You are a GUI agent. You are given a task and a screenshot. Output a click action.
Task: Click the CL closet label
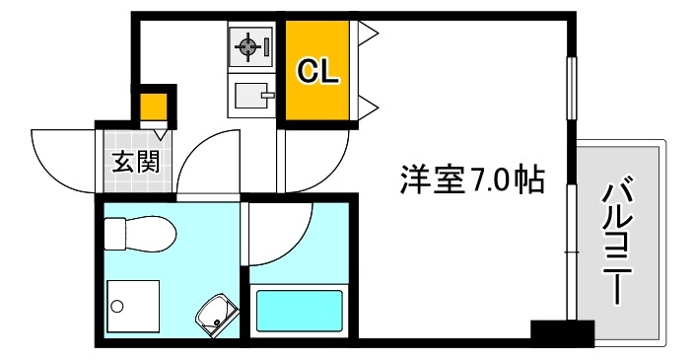(318, 71)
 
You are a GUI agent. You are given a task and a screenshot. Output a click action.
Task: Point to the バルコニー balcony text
(618, 239)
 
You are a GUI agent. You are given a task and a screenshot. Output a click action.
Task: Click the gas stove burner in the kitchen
(247, 45)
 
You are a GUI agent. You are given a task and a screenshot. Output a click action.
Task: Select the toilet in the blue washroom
(139, 233)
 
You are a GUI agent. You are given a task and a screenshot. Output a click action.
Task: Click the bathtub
(301, 310)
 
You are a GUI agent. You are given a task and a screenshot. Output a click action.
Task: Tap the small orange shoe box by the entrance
(153, 106)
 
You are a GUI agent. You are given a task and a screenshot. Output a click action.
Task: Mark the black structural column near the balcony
(561, 332)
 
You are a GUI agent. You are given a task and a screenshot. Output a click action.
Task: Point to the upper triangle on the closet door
(368, 36)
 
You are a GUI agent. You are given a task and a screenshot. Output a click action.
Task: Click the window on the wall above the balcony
(570, 90)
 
